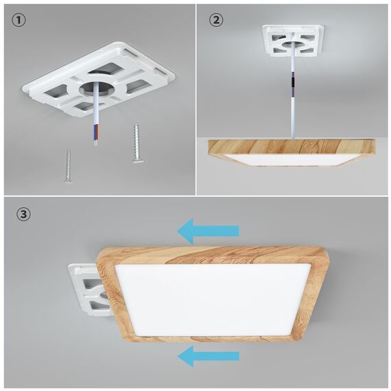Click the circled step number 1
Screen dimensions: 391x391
[x=19, y=21]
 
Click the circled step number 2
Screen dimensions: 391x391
[x=217, y=21]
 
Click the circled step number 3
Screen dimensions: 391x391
[x=23, y=215]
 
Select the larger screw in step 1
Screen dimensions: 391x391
[x=138, y=144]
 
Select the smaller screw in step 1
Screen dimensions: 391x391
[x=68, y=167]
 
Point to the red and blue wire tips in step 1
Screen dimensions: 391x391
[x=93, y=137]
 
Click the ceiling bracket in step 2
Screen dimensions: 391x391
[x=292, y=43]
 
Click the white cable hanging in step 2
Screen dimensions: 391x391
[x=294, y=110]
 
